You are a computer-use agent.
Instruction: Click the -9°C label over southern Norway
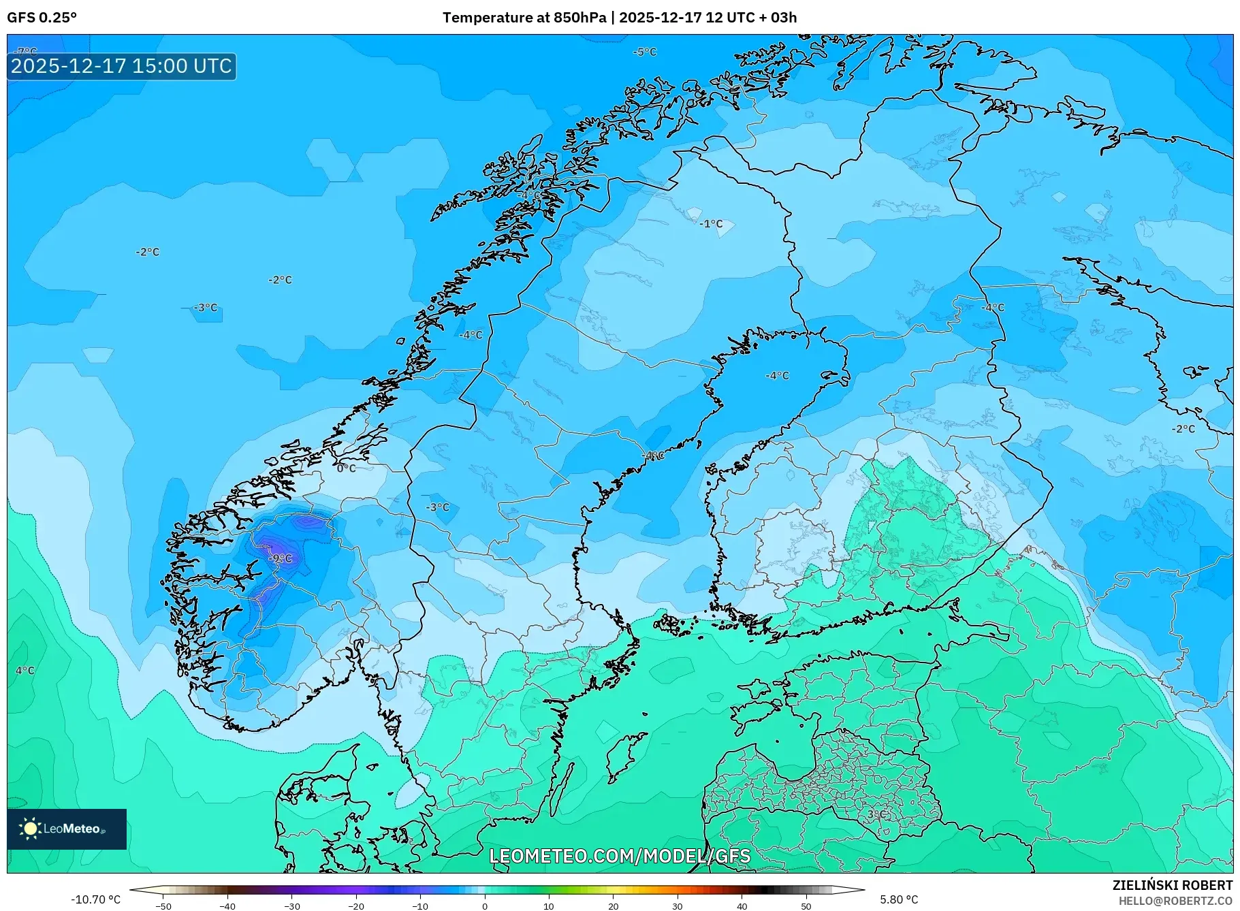tap(280, 558)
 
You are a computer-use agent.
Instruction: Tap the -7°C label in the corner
tap(27, 52)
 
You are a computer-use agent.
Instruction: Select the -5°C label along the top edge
tap(644, 52)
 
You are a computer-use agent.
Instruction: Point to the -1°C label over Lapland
tap(711, 223)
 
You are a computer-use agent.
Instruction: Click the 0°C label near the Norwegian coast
tap(346, 468)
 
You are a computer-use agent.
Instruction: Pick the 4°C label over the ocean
tap(25, 671)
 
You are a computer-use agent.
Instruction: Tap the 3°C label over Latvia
tap(876, 814)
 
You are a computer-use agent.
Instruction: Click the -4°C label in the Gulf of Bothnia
tap(777, 375)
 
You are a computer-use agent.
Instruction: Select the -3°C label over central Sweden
tap(438, 507)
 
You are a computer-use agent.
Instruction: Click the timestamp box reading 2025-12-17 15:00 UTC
tap(122, 66)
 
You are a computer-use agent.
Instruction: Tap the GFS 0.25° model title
tap(42, 18)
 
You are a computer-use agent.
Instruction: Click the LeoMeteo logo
tap(67, 829)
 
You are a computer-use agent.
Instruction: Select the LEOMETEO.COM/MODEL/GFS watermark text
tap(620, 855)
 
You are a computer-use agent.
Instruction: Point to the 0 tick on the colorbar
tap(485, 906)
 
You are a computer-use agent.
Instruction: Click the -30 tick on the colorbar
tap(291, 906)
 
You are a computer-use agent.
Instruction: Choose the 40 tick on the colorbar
tap(742, 906)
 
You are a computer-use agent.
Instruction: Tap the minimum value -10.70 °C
tap(95, 899)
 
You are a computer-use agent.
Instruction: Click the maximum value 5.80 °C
tap(899, 899)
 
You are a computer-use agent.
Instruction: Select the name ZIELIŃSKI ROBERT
tap(1172, 885)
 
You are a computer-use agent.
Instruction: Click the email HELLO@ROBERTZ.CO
tap(1175, 901)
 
